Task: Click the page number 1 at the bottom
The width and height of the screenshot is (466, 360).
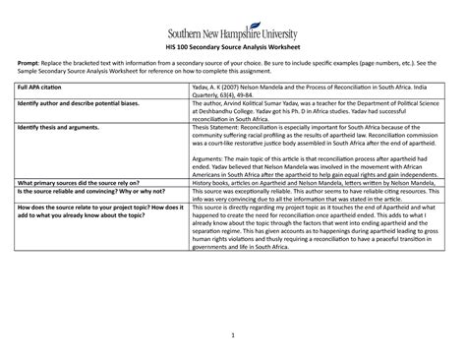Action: tap(233, 338)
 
